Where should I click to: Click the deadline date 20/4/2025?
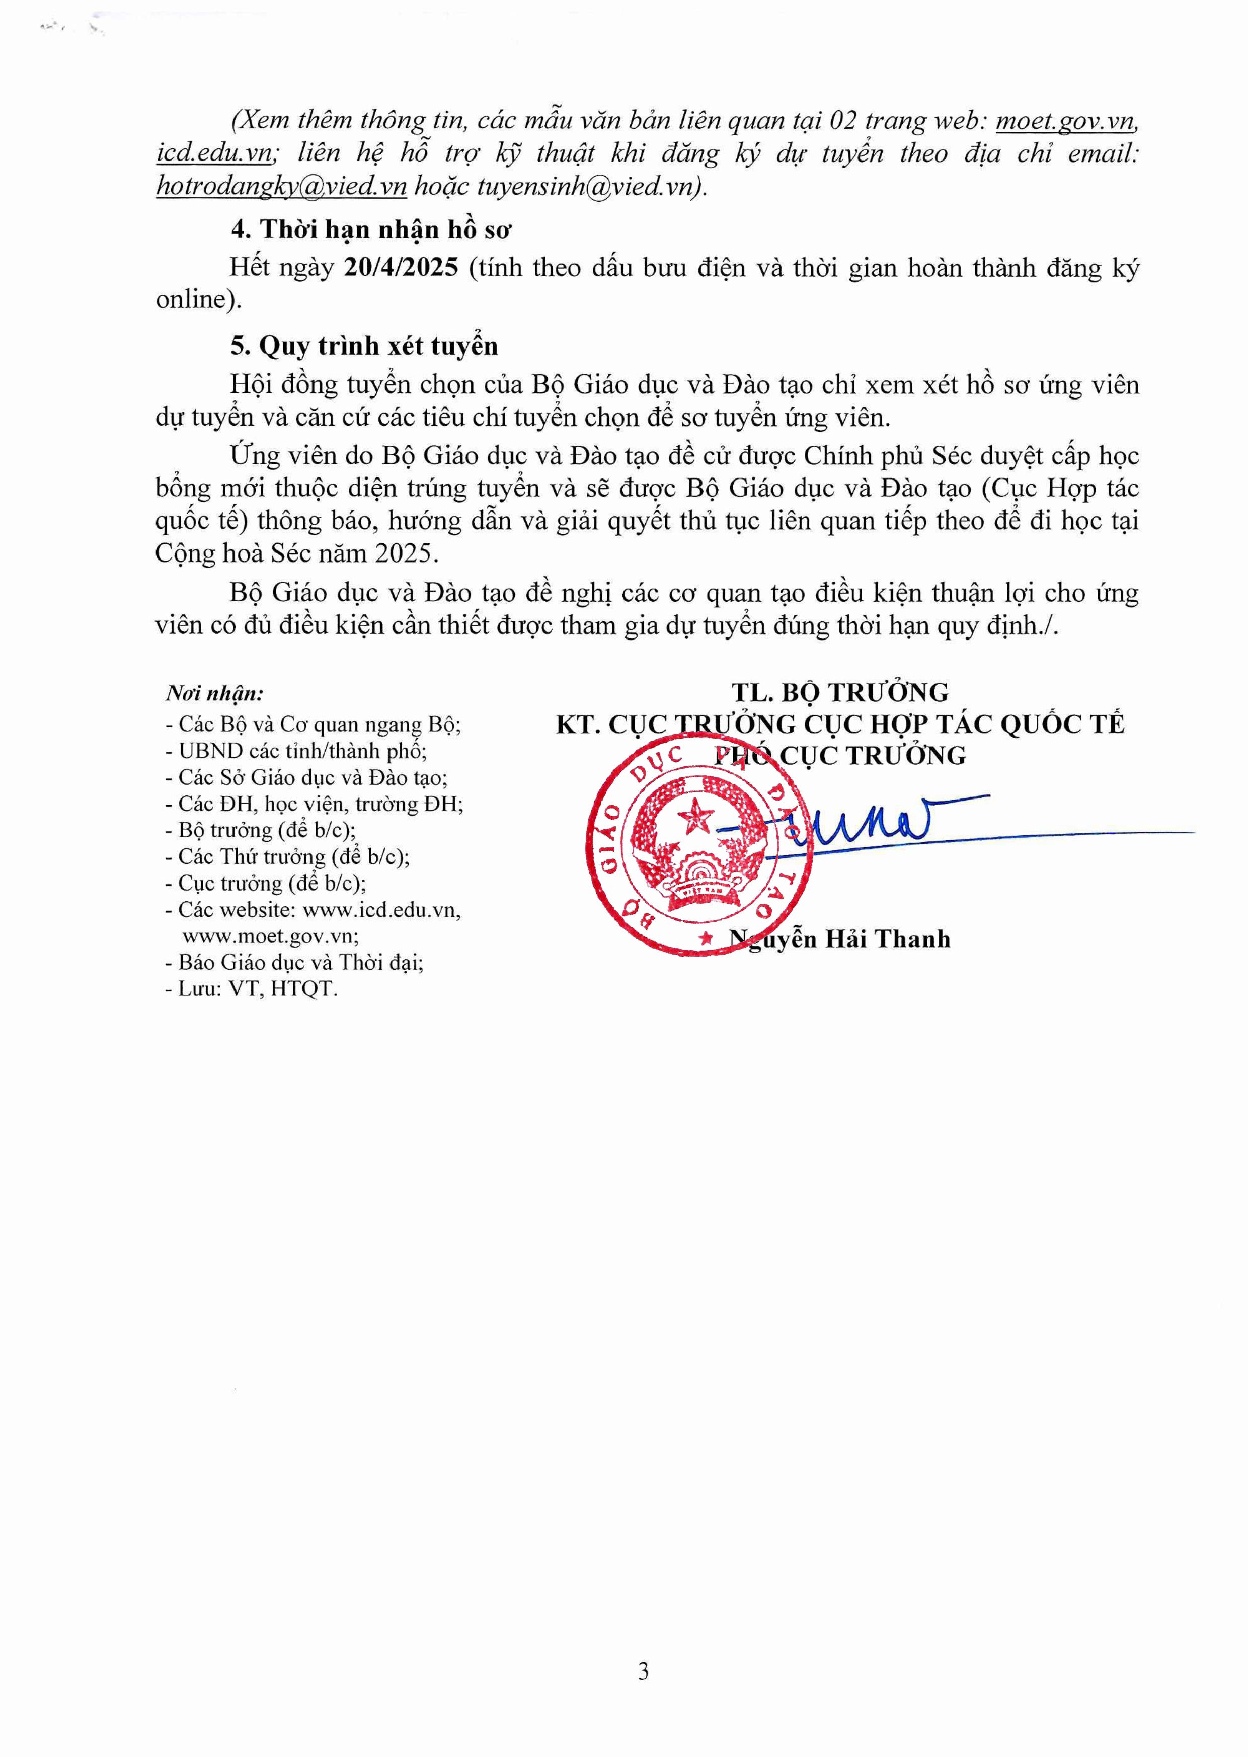tap(401, 267)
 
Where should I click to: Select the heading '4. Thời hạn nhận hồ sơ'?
tap(371, 230)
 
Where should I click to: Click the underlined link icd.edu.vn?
tap(214, 153)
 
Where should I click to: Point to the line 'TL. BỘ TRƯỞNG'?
tap(840, 692)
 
